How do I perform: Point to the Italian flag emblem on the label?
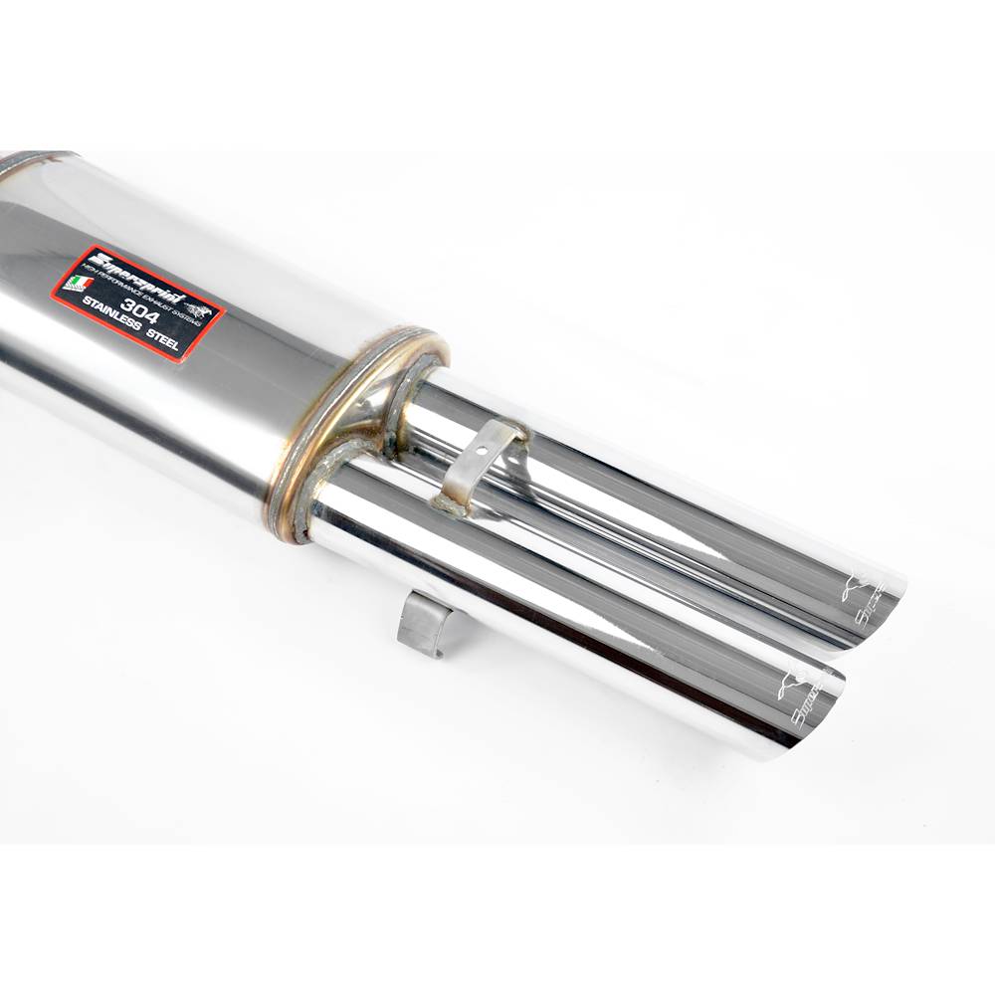coord(78,283)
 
